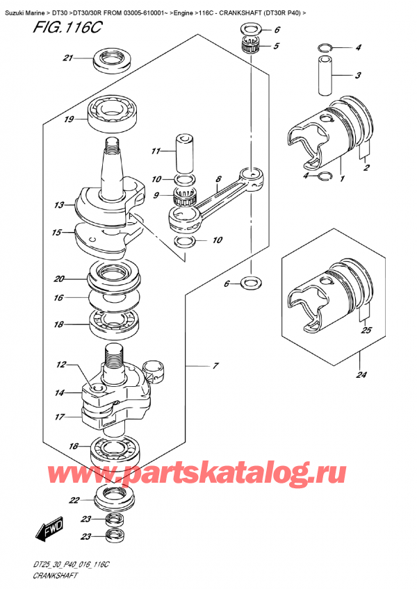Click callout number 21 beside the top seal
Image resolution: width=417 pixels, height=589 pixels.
(x=67, y=58)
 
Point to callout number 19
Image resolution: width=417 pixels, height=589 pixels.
(x=69, y=119)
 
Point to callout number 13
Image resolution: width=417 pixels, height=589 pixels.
(x=59, y=206)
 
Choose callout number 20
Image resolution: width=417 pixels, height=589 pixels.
(x=59, y=279)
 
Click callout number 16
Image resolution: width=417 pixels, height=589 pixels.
(x=59, y=297)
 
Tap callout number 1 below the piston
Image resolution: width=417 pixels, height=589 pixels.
(x=341, y=178)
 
